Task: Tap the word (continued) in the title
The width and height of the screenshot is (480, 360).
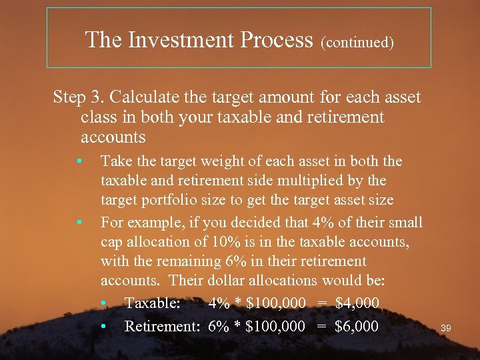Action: (x=357, y=43)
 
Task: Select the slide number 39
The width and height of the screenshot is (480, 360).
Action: (x=447, y=328)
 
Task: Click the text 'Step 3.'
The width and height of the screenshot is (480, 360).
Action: (x=79, y=97)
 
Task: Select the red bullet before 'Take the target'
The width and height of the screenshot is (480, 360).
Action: (x=79, y=161)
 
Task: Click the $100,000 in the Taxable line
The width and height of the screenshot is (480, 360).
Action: (x=275, y=303)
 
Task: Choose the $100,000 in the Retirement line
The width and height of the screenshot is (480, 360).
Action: (x=275, y=327)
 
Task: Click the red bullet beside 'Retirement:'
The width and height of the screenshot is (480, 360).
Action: (x=104, y=327)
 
